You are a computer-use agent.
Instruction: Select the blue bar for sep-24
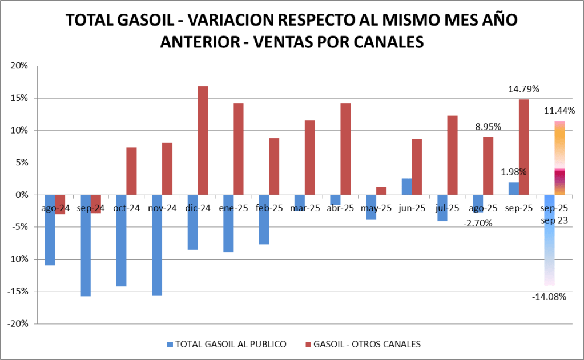pos(86,245)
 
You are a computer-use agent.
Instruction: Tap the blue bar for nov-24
pos(157,245)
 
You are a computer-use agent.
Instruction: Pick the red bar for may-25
pos(381,191)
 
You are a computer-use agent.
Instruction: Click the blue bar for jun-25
pos(406,187)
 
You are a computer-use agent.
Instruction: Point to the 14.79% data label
pos(524,89)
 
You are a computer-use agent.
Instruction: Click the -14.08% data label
pos(549,296)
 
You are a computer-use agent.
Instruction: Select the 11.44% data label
pos(559,110)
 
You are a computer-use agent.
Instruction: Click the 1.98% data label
pos(514,172)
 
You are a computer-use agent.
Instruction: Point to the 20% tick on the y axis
pos(19,66)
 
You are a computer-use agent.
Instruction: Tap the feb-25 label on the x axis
pos(270,208)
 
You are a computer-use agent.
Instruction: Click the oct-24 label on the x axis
pos(127,208)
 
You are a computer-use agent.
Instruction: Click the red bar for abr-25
pos(345,149)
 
